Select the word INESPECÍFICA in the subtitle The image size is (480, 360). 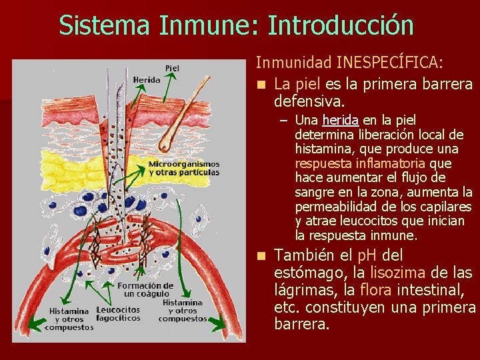tap(389, 63)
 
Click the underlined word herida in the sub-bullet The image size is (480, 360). tap(340, 120)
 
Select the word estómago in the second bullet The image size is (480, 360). tap(307, 273)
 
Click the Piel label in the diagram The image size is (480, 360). tap(172, 67)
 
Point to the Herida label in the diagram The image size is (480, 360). tap(146, 79)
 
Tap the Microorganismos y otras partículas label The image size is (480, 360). tap(183, 168)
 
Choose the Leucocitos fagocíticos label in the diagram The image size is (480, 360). tap(118, 314)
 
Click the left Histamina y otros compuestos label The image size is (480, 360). tap(69, 319)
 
